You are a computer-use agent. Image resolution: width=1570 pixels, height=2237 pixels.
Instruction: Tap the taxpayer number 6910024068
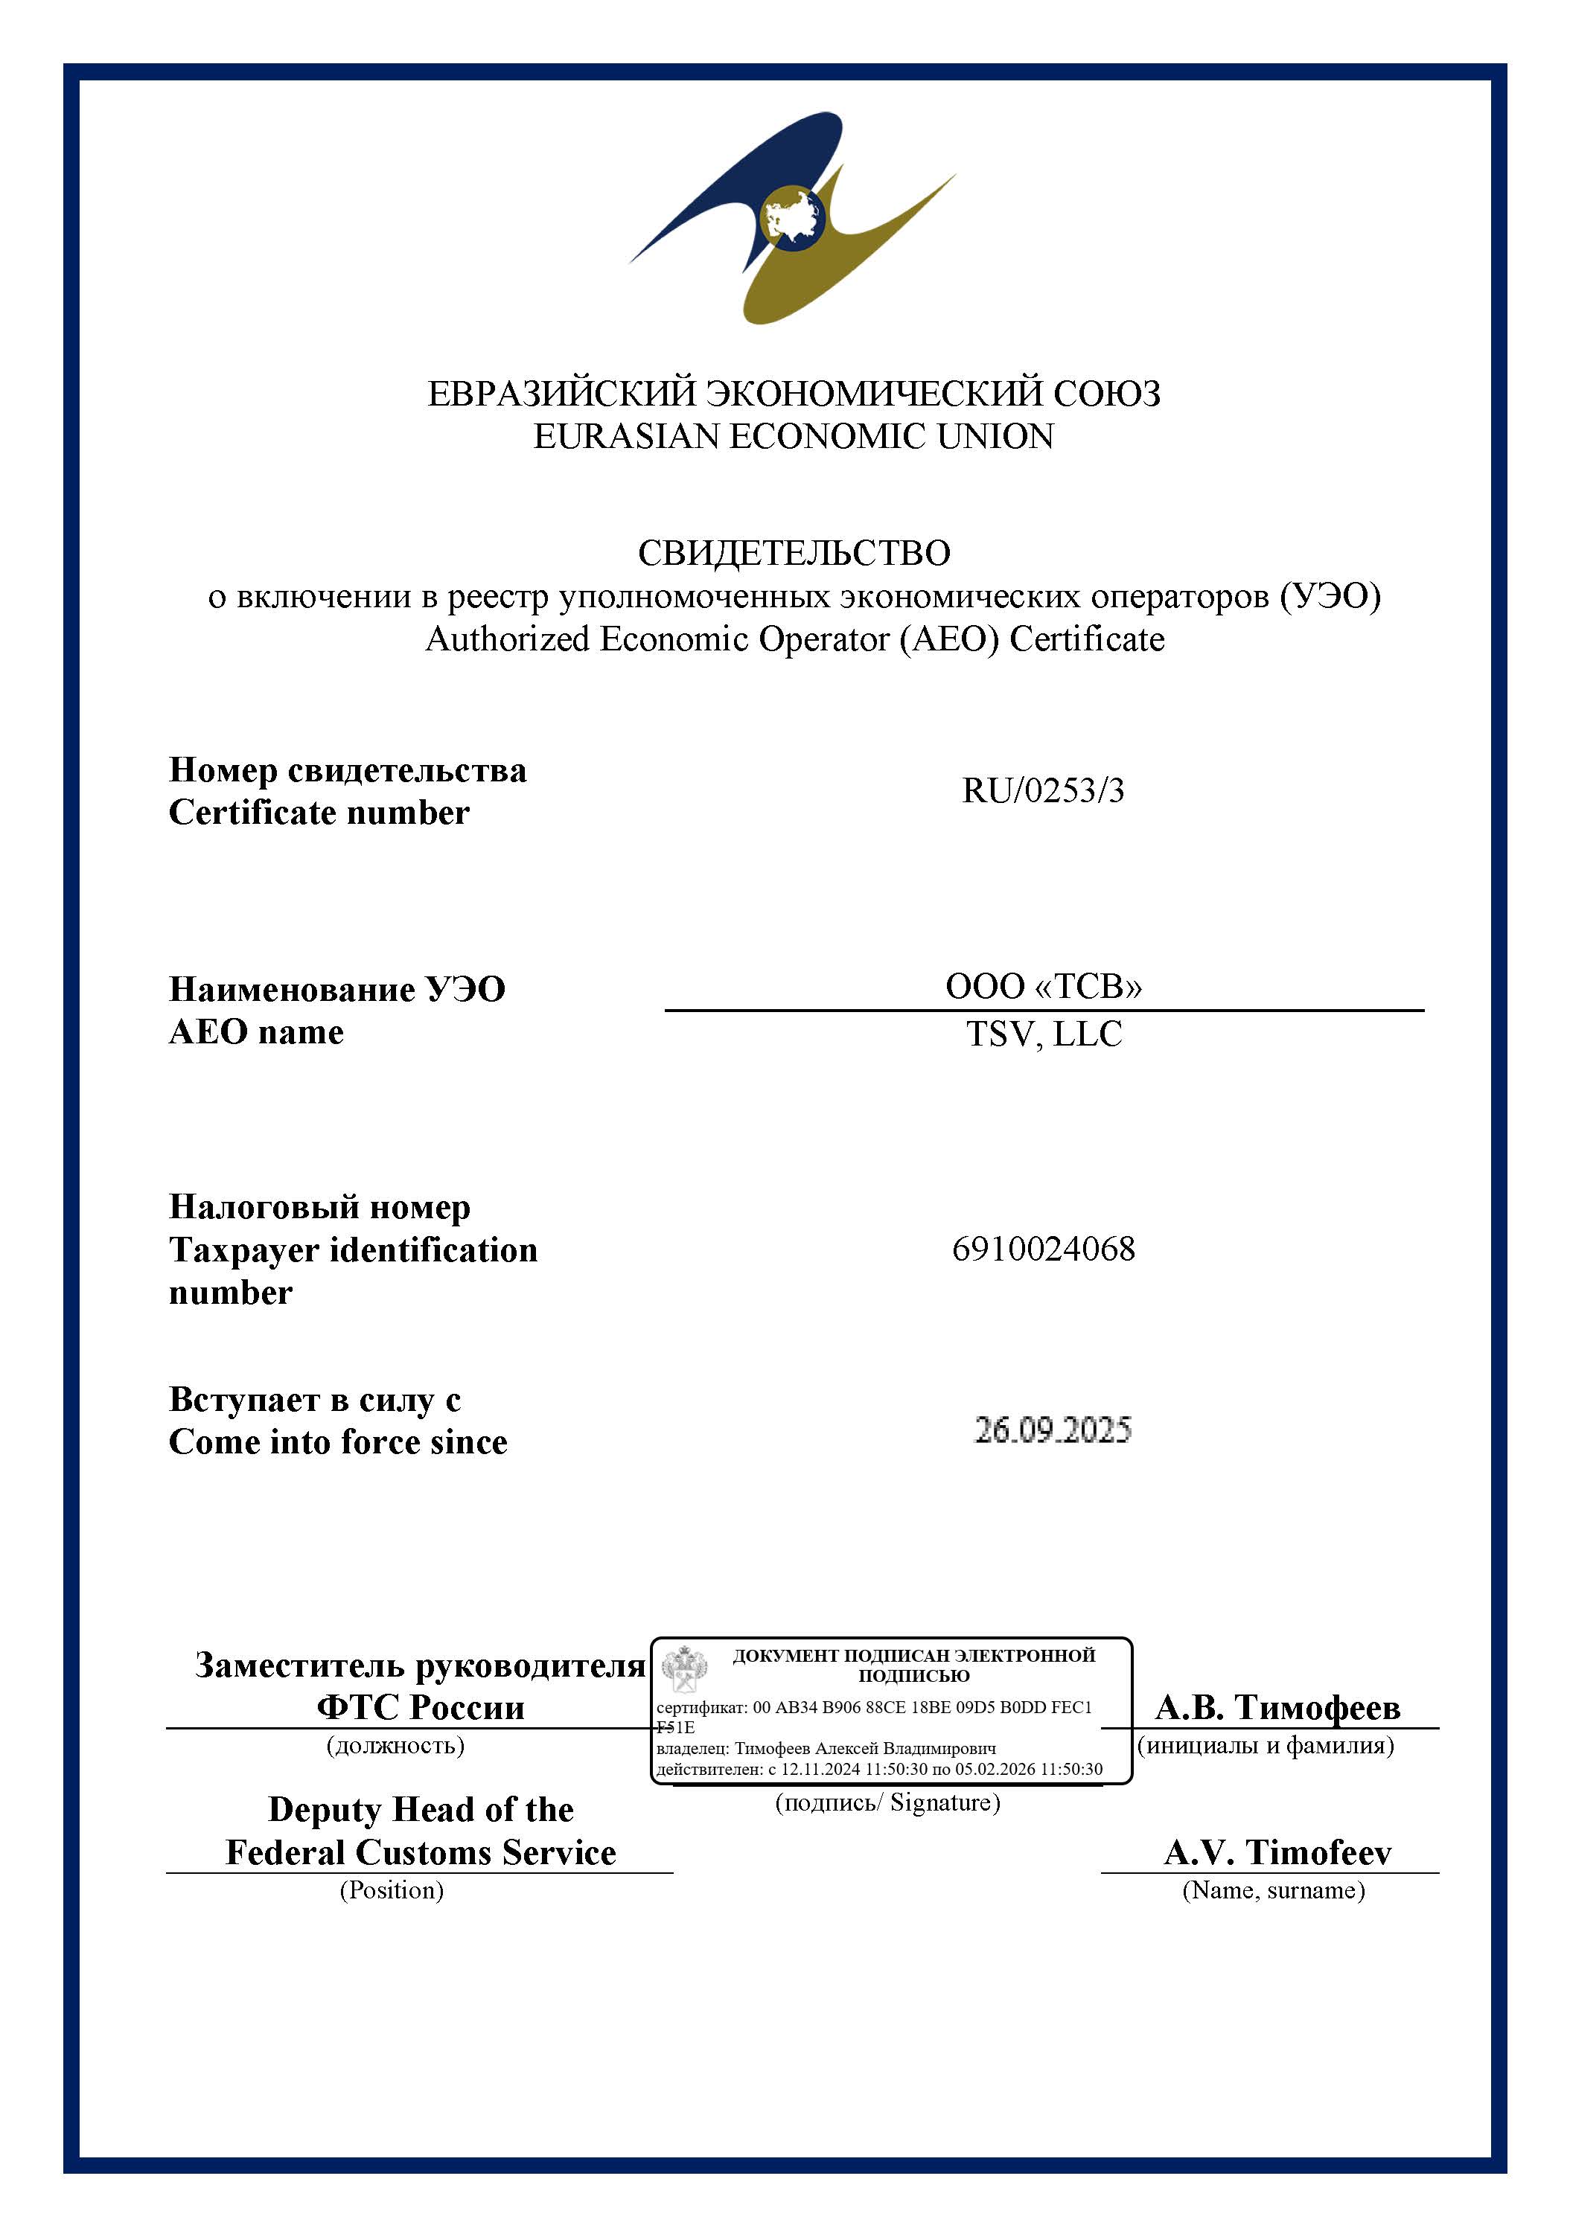(x=1043, y=1248)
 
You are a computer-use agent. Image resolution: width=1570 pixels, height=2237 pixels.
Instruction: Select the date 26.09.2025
(x=1053, y=1430)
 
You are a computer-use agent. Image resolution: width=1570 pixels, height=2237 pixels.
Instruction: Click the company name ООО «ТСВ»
(x=1043, y=986)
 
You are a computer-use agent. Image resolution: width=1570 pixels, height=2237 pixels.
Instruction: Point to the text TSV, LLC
(x=1044, y=1034)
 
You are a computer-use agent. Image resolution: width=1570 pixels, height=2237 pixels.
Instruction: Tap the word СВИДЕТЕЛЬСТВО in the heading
(x=794, y=552)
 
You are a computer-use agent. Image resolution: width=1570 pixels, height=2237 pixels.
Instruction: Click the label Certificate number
(x=319, y=812)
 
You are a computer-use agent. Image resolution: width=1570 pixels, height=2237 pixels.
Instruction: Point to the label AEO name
(x=256, y=1031)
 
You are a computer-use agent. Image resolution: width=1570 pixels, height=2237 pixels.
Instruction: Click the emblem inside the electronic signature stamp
(x=685, y=1667)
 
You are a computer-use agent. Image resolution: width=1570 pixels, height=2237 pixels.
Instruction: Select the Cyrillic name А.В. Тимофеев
(x=1277, y=1707)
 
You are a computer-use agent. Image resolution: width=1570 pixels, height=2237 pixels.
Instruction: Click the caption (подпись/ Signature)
(x=887, y=1802)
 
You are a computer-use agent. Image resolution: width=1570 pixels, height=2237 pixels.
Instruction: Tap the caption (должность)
(x=395, y=1744)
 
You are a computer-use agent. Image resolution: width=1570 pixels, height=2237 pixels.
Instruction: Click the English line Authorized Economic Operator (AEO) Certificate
(x=794, y=639)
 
